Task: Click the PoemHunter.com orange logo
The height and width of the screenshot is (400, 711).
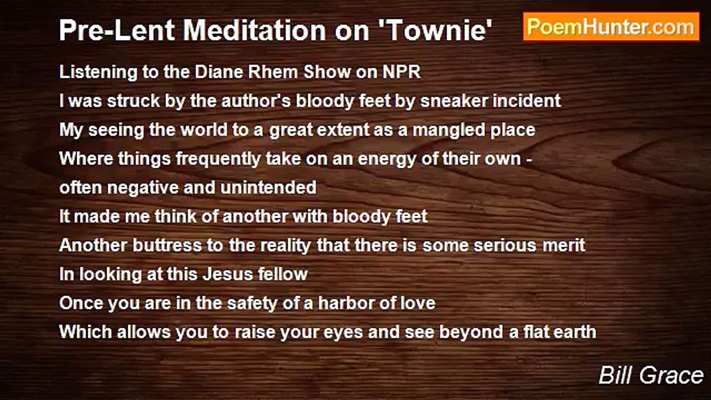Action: tap(611, 27)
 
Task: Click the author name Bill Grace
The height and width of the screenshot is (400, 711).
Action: tap(650, 375)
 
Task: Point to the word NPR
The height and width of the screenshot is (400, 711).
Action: tap(402, 72)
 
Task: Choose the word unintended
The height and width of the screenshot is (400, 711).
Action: tap(268, 188)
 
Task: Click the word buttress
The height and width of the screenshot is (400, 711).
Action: tap(167, 246)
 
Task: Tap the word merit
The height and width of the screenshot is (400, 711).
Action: tap(564, 246)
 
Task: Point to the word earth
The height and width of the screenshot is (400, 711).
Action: tap(575, 332)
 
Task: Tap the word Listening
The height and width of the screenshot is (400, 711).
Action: tap(98, 73)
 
